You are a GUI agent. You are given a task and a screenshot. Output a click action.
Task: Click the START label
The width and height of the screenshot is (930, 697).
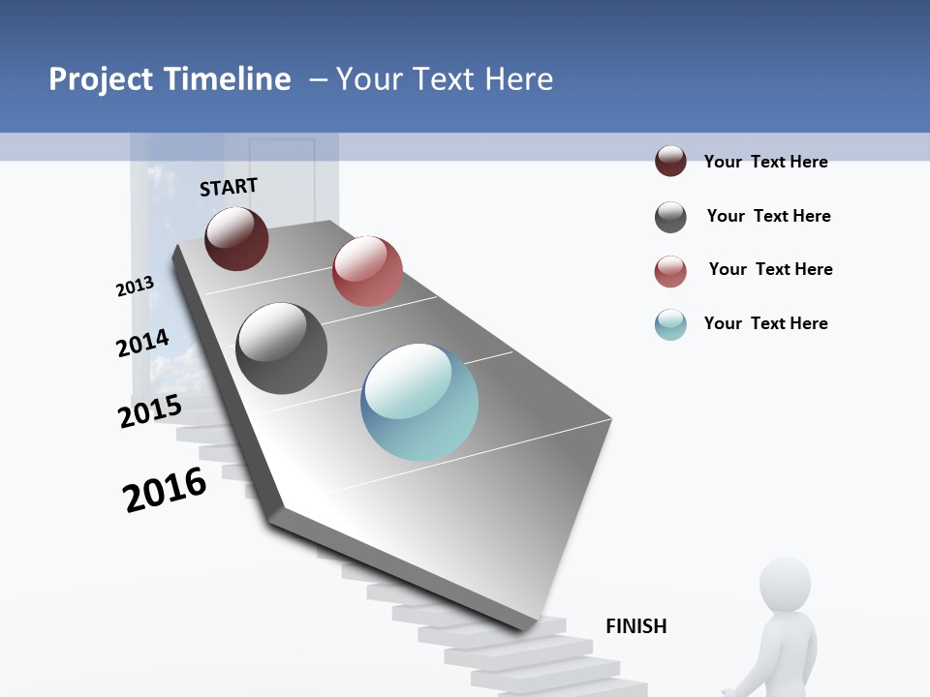[229, 187]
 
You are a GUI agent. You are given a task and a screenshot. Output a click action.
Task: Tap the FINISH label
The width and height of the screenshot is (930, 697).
[635, 626]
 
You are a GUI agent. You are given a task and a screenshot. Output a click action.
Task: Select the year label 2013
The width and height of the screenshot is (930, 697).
[135, 287]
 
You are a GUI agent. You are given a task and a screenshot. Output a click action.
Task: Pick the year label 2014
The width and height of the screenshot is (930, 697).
[142, 343]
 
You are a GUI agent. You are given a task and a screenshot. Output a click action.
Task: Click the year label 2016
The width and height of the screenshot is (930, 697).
[165, 490]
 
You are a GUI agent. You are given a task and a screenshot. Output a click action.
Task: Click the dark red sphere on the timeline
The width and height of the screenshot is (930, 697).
[236, 238]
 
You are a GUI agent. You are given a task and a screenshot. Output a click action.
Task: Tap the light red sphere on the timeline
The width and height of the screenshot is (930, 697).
[367, 270]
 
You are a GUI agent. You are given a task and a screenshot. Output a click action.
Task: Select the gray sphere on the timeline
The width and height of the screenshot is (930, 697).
[281, 348]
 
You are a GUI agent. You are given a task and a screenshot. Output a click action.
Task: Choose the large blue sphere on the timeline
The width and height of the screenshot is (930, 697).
[419, 401]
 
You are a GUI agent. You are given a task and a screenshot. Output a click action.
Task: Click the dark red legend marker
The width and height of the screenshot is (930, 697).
[670, 162]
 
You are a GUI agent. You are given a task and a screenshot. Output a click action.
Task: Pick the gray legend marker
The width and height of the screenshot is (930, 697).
[670, 217]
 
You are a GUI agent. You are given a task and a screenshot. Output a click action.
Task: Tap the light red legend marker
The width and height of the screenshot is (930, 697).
[670, 271]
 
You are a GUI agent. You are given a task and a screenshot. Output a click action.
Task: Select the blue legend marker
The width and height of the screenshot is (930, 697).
[670, 324]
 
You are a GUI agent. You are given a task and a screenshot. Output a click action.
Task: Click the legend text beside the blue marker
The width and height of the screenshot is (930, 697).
[765, 323]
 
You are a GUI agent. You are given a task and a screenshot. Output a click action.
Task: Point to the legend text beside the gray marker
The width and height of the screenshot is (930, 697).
[768, 216]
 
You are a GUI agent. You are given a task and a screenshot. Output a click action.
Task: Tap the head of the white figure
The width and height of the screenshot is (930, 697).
[785, 583]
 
